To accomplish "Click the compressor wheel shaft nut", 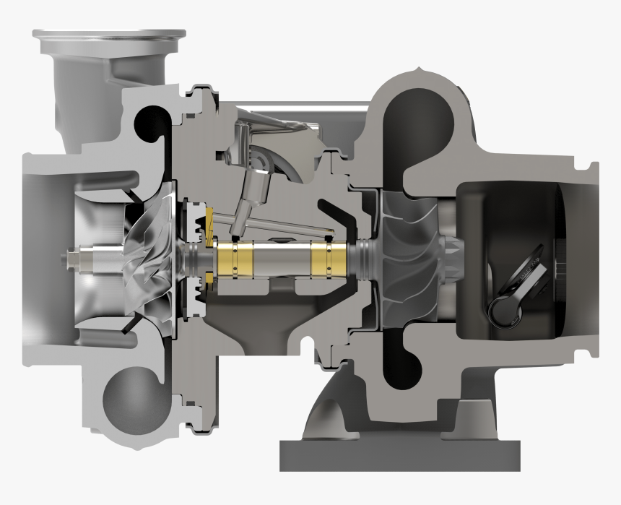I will point(74,256).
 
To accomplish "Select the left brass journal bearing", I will point(235,257).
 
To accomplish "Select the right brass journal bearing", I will point(329,257).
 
